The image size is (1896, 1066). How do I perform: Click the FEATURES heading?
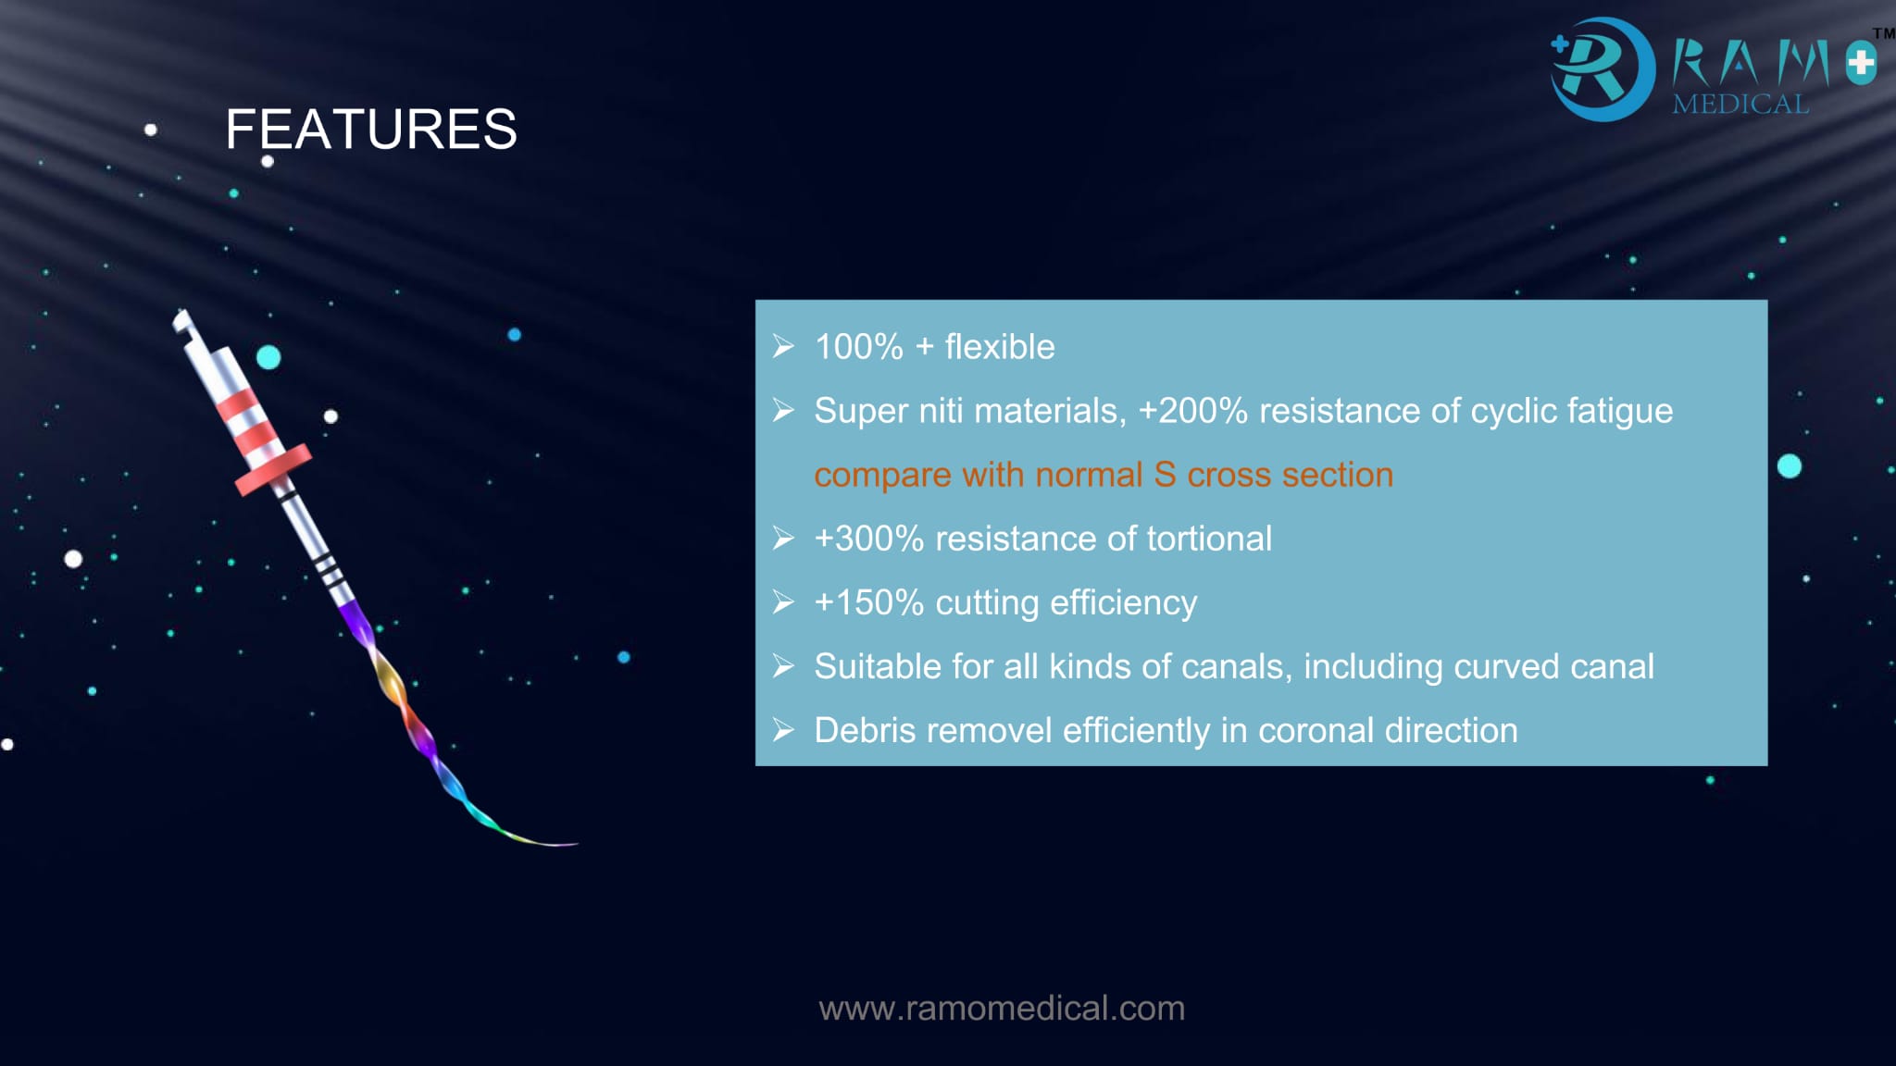click(371, 129)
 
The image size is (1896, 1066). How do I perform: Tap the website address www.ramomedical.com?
click(1002, 1008)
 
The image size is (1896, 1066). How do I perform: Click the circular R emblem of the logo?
click(1603, 69)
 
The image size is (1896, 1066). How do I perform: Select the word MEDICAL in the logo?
click(1740, 104)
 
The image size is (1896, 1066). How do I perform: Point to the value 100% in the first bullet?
click(858, 347)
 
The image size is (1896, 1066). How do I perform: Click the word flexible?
click(1000, 347)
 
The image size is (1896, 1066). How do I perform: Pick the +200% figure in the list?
click(1193, 411)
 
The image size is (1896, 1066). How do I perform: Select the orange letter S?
click(1165, 475)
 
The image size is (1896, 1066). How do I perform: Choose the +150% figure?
click(869, 602)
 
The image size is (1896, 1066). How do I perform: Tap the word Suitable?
click(876, 666)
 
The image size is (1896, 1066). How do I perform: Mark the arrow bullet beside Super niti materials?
click(783, 410)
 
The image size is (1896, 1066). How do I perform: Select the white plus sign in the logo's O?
click(1862, 64)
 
